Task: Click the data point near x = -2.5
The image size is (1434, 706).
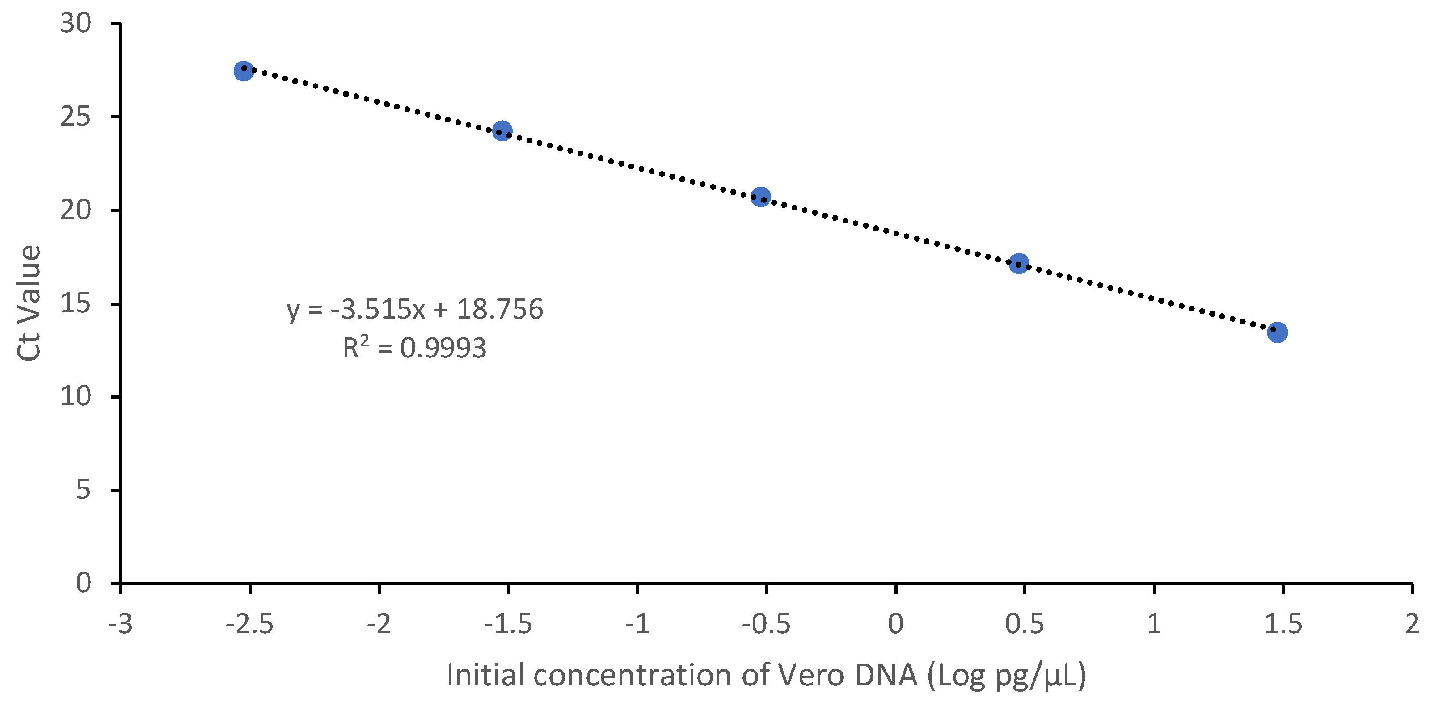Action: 244,71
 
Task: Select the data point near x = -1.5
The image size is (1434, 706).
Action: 502,131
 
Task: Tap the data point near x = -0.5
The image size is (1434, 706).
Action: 760,197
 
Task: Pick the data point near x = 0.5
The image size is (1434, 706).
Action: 1019,263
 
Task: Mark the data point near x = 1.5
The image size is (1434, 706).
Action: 1277,332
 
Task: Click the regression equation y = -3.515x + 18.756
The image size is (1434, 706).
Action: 415,309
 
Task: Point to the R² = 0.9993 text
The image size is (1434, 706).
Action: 415,348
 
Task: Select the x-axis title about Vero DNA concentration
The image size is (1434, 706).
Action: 766,675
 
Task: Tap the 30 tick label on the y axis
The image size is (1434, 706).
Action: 75,24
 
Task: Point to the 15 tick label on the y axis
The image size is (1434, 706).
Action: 75,304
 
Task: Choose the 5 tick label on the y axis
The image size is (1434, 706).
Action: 83,490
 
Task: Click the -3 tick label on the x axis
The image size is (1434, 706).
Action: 120,624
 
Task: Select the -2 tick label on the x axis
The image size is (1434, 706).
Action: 379,624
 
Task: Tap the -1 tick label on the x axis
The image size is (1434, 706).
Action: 637,624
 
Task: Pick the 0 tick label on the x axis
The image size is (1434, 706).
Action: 895,624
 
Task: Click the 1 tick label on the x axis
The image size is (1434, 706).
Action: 1154,624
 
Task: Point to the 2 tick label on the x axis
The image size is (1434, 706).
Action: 1412,624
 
